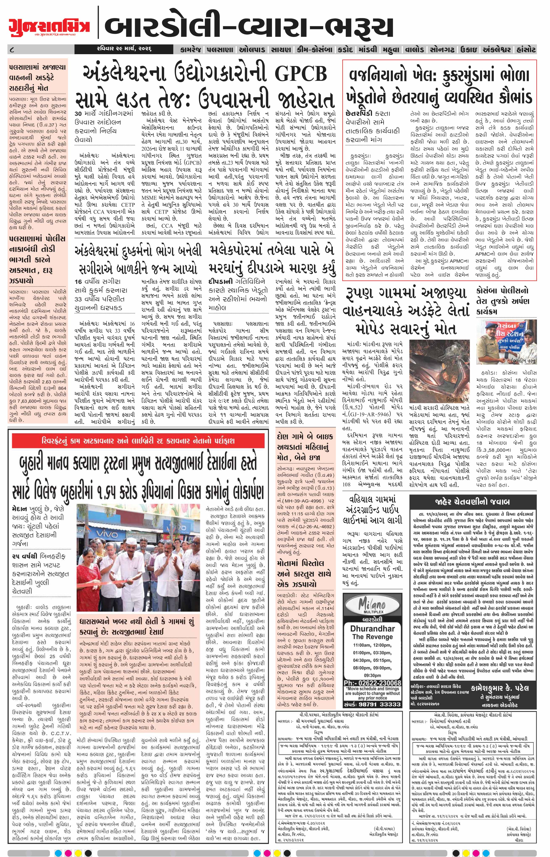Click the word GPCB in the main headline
coord(301,74)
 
